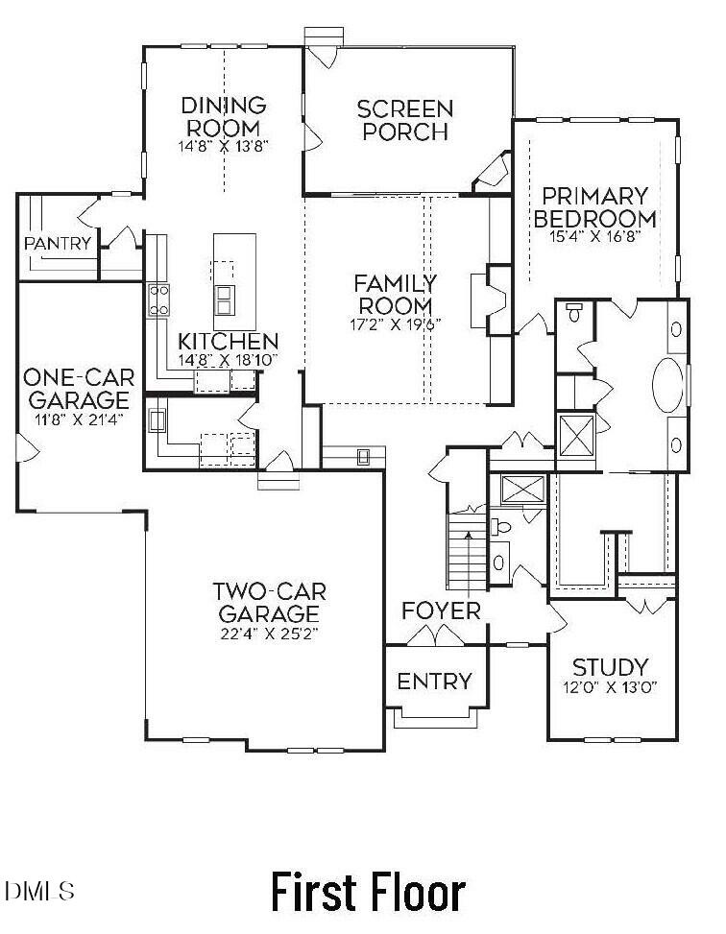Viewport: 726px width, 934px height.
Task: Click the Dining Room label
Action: click(223, 116)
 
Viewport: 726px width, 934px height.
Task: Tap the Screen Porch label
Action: click(404, 120)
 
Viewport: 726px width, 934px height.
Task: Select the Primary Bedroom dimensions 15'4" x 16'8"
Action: click(594, 235)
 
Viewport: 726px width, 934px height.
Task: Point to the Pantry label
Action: click(58, 244)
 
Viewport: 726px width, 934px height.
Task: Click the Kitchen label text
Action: click(229, 342)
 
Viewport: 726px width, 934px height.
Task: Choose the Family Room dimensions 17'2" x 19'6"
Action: click(395, 323)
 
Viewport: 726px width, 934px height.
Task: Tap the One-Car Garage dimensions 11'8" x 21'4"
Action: click(77, 419)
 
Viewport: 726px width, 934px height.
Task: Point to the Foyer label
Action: click(441, 611)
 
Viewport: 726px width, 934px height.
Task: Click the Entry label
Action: click(435, 682)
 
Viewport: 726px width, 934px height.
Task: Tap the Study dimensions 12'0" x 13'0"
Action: click(610, 688)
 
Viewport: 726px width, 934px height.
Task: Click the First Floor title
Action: click(368, 892)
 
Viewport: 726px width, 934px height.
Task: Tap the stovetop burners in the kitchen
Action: click(158, 300)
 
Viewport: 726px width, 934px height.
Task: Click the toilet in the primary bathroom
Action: click(575, 312)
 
